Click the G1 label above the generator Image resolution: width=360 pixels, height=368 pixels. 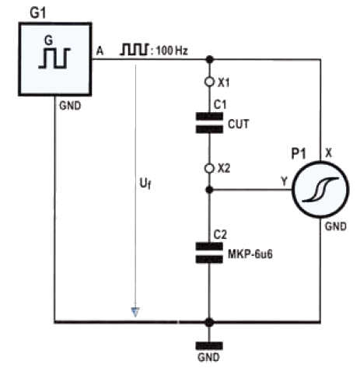(x=38, y=12)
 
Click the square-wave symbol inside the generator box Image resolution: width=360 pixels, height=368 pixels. (x=54, y=58)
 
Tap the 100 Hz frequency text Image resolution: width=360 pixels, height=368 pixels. (x=172, y=51)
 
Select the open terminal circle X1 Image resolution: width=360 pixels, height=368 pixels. (x=209, y=82)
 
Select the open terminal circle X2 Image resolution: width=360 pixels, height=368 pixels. (x=209, y=169)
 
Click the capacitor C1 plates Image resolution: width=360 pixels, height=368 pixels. (x=209, y=123)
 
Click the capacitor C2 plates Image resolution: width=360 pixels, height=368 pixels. (x=209, y=253)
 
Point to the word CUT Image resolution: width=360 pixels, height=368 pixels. (x=239, y=124)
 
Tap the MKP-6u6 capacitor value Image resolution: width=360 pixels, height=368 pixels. (x=250, y=254)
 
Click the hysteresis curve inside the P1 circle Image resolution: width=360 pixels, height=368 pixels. (x=321, y=189)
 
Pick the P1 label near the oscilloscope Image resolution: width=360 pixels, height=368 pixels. (x=299, y=154)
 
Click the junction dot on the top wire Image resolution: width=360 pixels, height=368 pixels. (x=209, y=60)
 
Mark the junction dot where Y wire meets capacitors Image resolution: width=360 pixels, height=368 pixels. (x=209, y=190)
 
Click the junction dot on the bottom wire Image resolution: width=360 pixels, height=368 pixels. (x=209, y=322)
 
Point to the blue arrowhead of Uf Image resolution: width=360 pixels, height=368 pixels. (x=135, y=312)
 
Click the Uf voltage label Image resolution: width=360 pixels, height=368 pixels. (x=145, y=184)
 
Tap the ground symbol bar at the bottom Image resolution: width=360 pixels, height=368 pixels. (x=209, y=346)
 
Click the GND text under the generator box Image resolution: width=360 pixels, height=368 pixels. (x=70, y=106)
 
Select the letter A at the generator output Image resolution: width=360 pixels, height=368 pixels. (x=100, y=51)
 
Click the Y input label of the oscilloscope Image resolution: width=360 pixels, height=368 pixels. (x=285, y=181)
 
